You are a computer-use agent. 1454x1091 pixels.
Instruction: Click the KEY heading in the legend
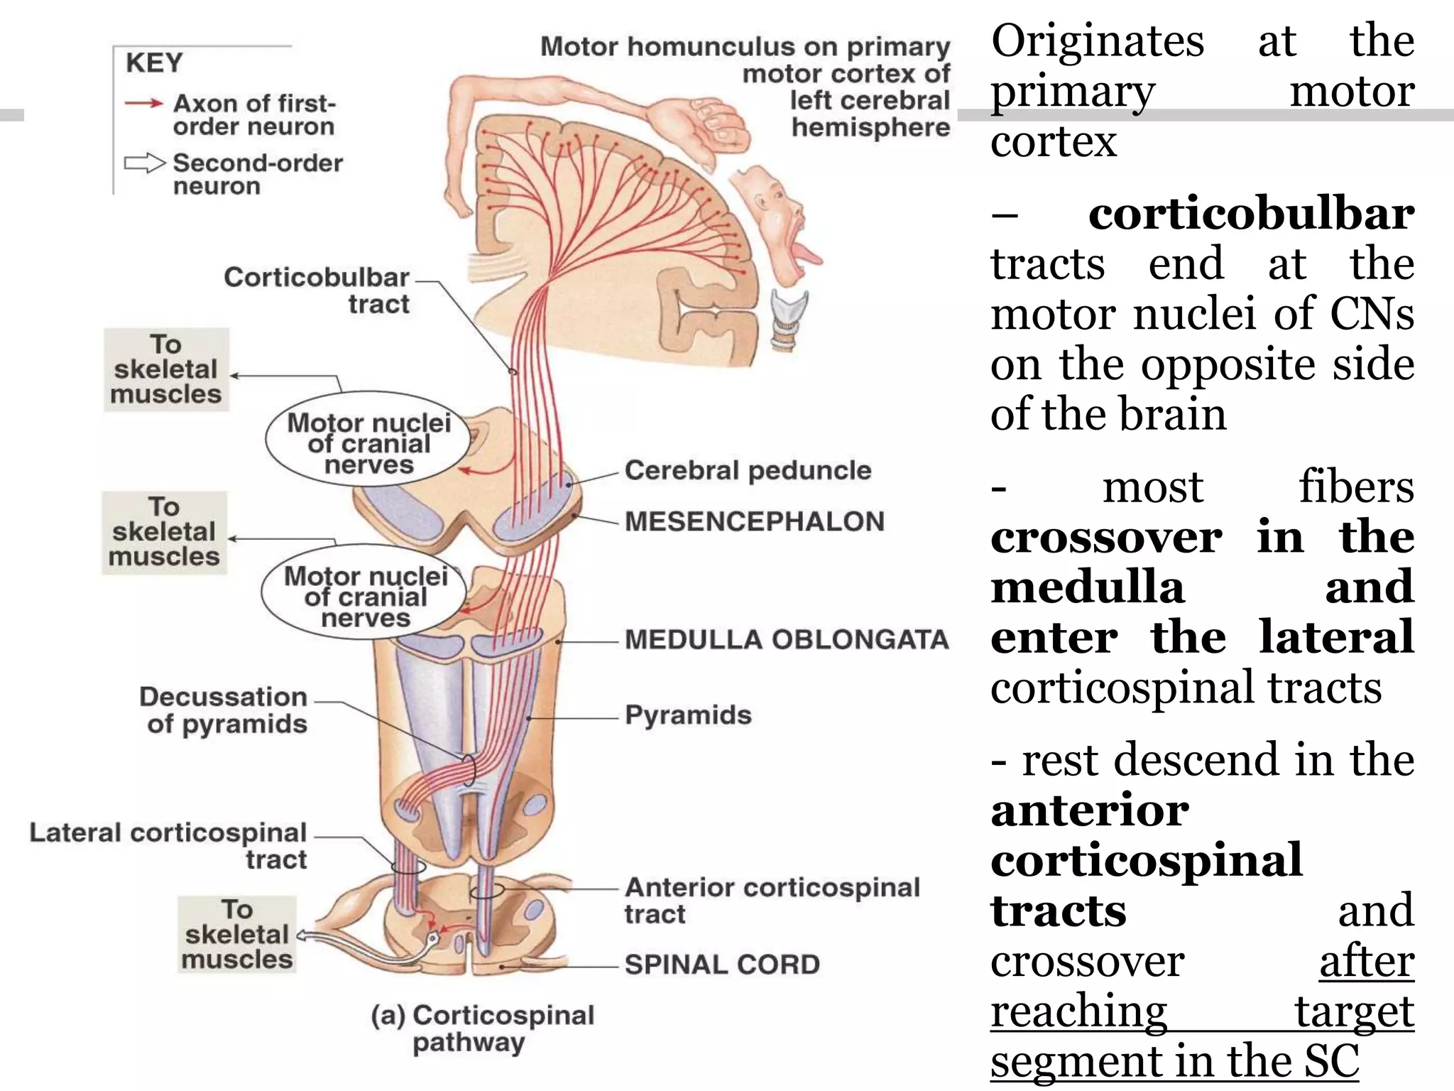point(154,63)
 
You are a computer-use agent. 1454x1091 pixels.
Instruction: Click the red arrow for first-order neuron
point(144,104)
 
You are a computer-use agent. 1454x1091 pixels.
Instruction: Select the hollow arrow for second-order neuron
point(145,163)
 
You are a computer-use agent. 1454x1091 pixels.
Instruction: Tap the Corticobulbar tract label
point(317,291)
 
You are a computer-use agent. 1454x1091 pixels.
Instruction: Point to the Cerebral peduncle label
point(748,470)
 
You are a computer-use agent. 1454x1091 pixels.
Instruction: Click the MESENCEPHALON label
point(755,521)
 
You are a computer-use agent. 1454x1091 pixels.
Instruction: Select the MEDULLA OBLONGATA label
point(787,639)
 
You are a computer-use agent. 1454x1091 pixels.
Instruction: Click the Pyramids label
point(688,715)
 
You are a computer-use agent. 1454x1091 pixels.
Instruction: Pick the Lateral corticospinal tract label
point(168,846)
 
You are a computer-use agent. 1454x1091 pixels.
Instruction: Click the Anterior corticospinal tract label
point(772,900)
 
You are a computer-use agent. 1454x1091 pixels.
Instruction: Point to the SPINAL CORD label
point(722,965)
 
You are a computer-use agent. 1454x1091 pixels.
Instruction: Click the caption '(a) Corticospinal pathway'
point(483,1028)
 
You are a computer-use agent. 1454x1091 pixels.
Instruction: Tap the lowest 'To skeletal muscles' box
point(237,934)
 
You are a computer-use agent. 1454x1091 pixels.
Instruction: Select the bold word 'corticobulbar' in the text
point(1251,213)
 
